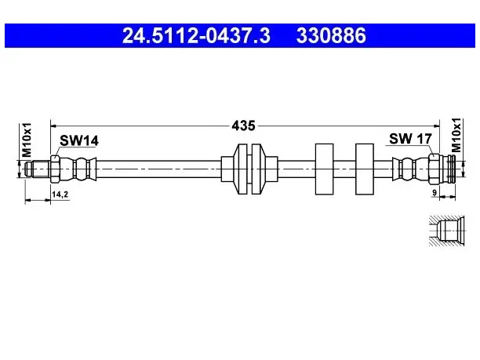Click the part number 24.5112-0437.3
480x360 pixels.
pyautogui.click(x=196, y=35)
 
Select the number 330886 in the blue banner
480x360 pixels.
pyautogui.click(x=331, y=35)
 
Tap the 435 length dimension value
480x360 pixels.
pyautogui.click(x=243, y=125)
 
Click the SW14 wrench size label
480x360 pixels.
pyautogui.click(x=79, y=140)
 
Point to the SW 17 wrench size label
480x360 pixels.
pyautogui.click(x=410, y=139)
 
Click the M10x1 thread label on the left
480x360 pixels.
pyautogui.click(x=27, y=140)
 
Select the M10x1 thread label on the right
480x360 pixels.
pyautogui.click(x=456, y=135)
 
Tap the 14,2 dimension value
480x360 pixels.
pyautogui.click(x=60, y=194)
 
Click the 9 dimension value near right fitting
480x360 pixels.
pyautogui.click(x=434, y=193)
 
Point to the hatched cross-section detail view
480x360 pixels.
pyautogui.click(x=446, y=231)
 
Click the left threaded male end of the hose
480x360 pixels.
pyautogui.click(x=38, y=169)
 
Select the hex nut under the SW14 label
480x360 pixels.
pyautogui.click(x=55, y=169)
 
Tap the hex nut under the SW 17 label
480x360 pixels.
pyautogui.click(x=434, y=169)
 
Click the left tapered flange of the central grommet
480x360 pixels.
pyautogui.click(x=240, y=169)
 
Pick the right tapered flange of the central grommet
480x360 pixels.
pyautogui.click(x=258, y=169)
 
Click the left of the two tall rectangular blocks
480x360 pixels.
pyautogui.click(x=324, y=169)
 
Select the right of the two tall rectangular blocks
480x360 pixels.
pyautogui.click(x=365, y=169)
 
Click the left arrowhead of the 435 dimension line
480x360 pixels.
pyautogui.click(x=53, y=125)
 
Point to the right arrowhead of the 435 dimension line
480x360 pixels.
pyautogui.click(x=436, y=125)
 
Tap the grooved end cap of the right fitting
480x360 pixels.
pyautogui.click(x=451, y=169)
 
